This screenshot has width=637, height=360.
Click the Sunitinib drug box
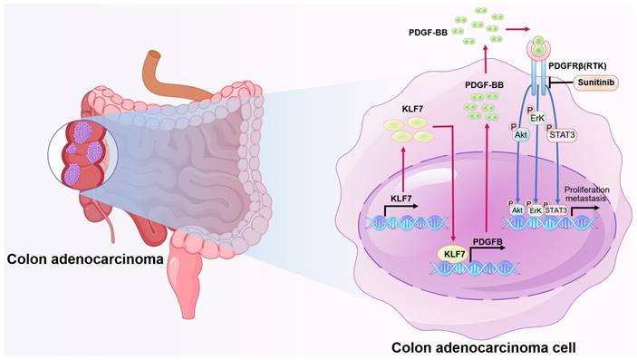[598, 83]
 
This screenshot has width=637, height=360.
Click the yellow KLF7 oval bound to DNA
[452, 255]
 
